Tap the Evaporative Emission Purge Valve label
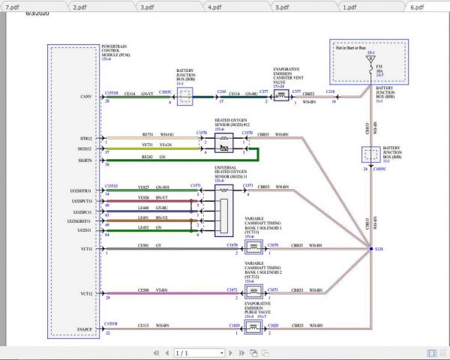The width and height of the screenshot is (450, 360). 256,310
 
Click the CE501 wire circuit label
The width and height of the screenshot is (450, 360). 143,244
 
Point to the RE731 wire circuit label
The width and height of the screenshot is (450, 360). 146,134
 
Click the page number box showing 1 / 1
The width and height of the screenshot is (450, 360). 199,352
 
